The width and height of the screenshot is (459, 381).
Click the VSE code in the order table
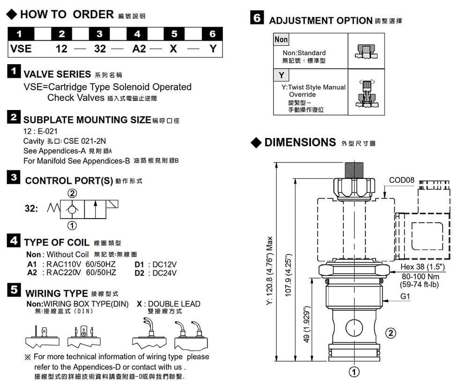[x=21, y=48]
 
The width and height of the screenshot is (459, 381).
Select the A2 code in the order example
[x=139, y=48]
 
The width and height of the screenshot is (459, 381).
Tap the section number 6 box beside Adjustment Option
[x=257, y=19]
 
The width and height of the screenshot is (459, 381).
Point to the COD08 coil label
[x=402, y=180]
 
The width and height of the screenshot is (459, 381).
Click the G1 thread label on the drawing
[x=405, y=296]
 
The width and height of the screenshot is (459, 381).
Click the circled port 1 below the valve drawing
[x=354, y=372]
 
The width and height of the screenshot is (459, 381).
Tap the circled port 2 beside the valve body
[x=390, y=333]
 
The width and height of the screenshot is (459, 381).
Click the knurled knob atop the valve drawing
[x=354, y=169]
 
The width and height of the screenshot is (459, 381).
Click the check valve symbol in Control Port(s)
[x=73, y=208]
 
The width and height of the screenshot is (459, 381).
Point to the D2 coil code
[x=139, y=272]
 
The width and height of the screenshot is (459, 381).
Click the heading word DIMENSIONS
[x=300, y=142]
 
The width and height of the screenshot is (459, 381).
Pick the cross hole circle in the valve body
[x=354, y=327]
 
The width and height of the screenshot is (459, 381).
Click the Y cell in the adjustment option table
[x=281, y=75]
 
